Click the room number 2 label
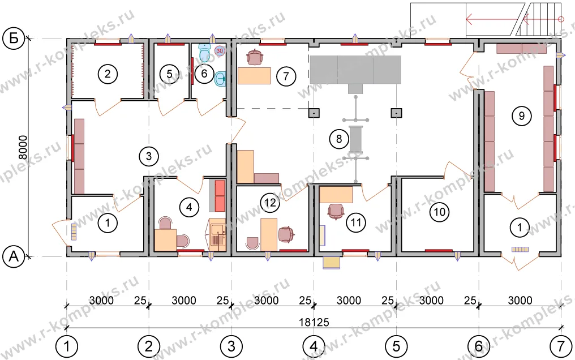tap(108, 74)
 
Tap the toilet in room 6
tap(204, 53)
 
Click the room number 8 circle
tap(339, 139)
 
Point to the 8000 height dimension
tap(23, 147)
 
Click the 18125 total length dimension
tap(314, 322)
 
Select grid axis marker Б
tap(14, 38)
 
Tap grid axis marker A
tap(14, 256)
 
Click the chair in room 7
tap(256, 57)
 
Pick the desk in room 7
tap(254, 75)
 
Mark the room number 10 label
tap(440, 212)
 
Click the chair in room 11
tap(336, 212)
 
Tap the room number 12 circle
tap(271, 203)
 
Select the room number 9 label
tap(521, 116)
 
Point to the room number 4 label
tap(189, 208)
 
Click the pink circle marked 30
tap(219, 50)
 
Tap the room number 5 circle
tap(169, 74)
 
